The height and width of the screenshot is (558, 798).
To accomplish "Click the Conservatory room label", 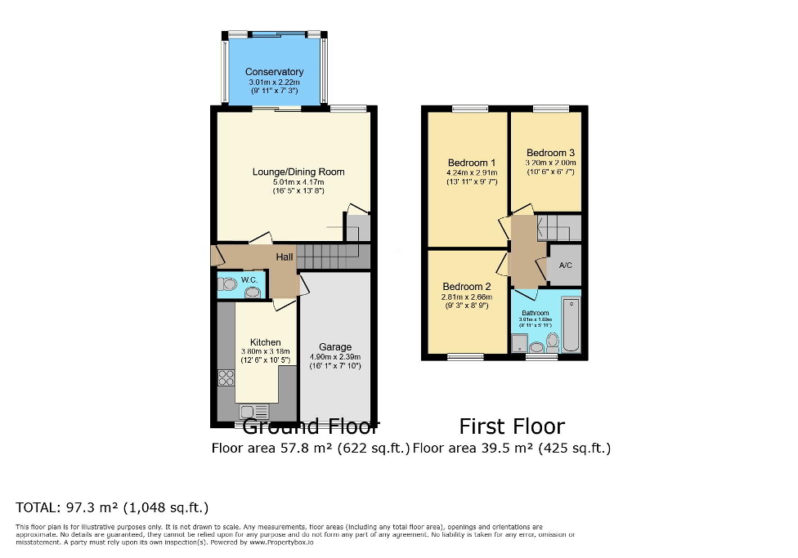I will coord(275,72).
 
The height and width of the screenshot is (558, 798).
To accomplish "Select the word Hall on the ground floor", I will coord(285,257).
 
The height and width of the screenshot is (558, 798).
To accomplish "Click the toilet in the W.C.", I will coord(228,284).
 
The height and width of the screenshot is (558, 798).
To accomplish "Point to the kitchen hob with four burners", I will coord(226,377).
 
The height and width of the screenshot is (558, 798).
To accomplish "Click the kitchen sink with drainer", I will coord(254,412).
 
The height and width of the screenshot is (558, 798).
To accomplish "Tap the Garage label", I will coord(335,346).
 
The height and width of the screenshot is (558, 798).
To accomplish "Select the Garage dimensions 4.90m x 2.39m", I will coord(335,357).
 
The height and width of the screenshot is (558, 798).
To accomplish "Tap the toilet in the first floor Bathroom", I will coord(552,341).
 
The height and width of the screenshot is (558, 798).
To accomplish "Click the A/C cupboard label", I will coord(565,266).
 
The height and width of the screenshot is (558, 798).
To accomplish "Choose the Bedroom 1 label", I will coord(471,163).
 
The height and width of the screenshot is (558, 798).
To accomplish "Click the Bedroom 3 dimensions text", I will coord(550,163).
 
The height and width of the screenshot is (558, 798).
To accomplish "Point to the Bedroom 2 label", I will coord(466,286).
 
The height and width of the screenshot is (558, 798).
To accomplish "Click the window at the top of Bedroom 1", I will coord(470,109).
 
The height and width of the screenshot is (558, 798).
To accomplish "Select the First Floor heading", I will coord(512,426).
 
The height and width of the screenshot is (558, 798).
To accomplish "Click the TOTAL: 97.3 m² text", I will coord(112,507).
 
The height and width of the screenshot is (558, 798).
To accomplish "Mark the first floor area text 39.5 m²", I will coord(512,448).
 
